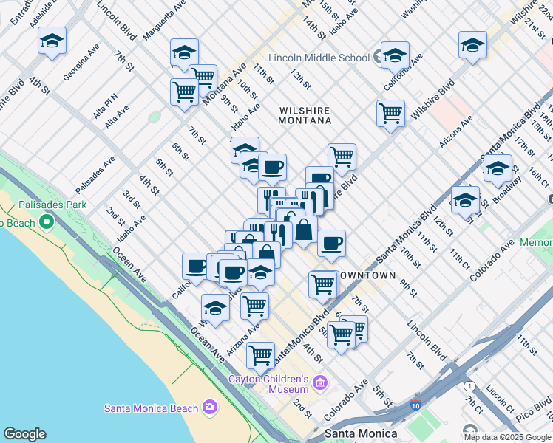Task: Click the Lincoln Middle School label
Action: pos(319,58)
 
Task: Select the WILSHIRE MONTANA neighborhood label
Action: pos(304,115)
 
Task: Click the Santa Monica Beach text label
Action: pos(151,408)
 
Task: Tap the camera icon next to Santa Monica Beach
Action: pos(210,407)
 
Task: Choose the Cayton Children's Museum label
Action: pos(268,384)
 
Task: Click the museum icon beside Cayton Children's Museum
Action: pos(319,382)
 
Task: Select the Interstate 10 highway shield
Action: pos(415,405)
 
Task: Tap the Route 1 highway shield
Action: pos(469,385)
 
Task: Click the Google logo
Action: pos(24,434)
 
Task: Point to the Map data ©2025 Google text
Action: pos(507,437)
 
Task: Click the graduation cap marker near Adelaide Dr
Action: pos(52,42)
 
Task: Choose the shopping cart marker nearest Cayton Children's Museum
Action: pos(260,355)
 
